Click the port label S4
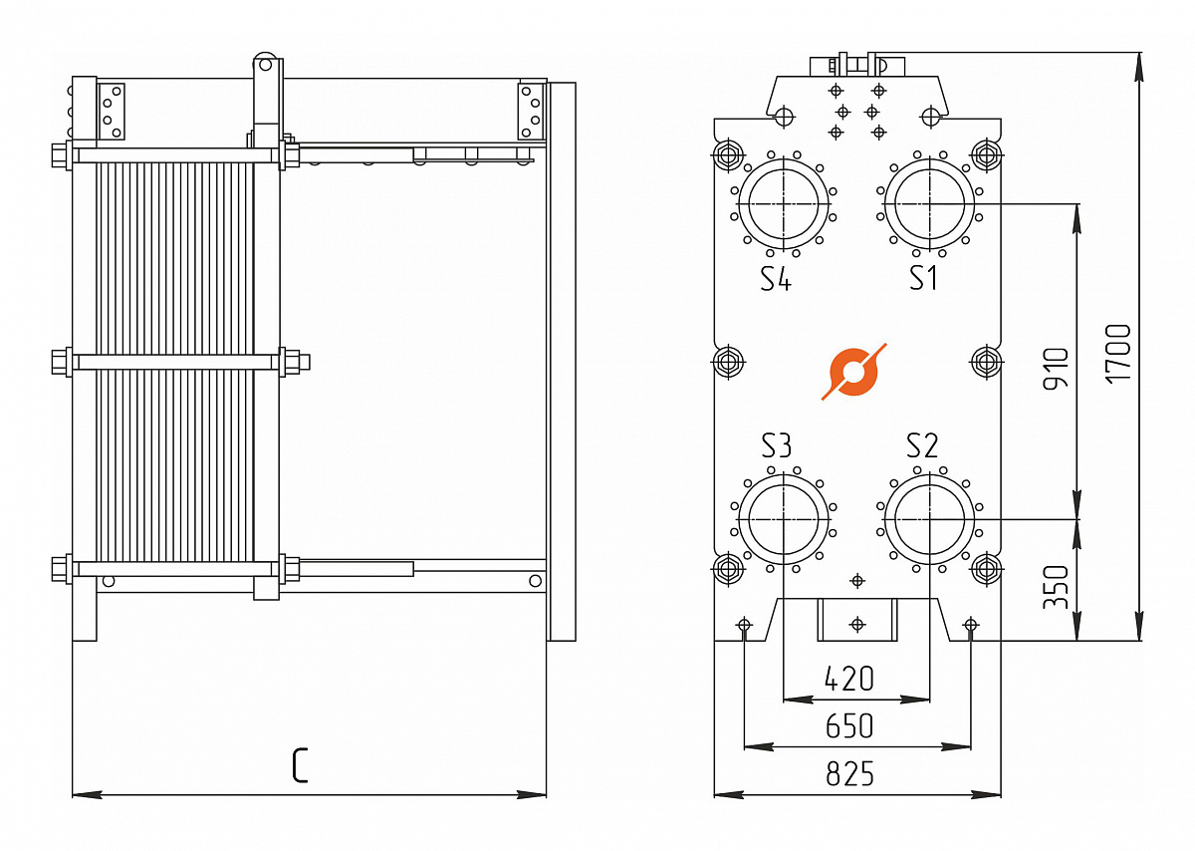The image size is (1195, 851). coord(776,279)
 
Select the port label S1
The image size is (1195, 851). coord(923,278)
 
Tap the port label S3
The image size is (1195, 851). coord(776,445)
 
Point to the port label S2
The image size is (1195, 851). coord(922,445)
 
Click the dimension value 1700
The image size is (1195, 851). coord(1117,354)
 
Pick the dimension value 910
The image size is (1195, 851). coord(1056,369)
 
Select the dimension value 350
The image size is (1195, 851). coord(1056,587)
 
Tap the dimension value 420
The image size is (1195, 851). coord(849,679)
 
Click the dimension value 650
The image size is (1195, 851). coord(849,726)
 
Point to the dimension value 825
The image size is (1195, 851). coord(849,773)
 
